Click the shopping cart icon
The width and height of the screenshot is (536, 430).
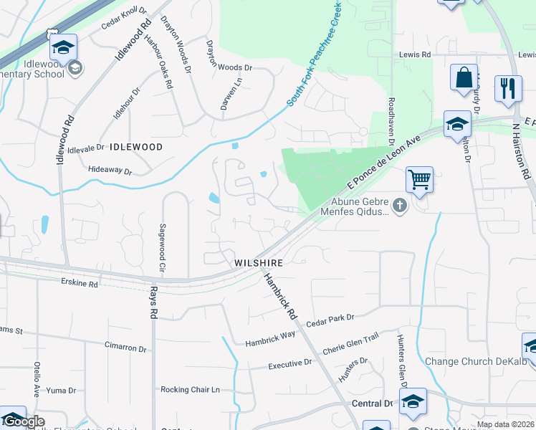tap(419, 179)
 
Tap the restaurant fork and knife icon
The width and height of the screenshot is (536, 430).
tap(508, 88)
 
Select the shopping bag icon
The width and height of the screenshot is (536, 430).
tap(464, 77)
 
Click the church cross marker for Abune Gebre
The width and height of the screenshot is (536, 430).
tap(400, 206)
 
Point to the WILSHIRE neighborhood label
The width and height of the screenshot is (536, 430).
tap(259, 263)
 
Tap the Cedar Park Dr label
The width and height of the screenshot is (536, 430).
tap(330, 317)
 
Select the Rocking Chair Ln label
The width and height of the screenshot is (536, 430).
tap(189, 390)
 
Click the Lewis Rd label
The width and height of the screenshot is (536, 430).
tap(415, 54)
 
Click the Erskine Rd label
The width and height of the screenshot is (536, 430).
tap(79, 284)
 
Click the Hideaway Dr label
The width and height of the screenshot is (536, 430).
tap(110, 171)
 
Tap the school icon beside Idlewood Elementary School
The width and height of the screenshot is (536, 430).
tap(63, 48)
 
